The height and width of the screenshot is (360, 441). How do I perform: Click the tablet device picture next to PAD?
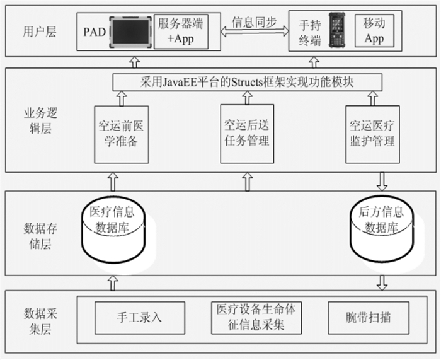point(130,30)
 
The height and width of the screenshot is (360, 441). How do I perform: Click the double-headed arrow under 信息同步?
point(253,37)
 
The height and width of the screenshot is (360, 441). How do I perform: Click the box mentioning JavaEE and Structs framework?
point(248,82)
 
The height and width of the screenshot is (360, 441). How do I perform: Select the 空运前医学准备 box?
point(120,134)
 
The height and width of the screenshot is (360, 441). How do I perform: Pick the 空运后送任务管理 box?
point(247,134)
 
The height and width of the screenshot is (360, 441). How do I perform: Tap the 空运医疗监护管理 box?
point(372,134)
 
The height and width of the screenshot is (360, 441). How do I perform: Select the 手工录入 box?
point(140,316)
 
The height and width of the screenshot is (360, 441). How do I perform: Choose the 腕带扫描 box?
point(369,316)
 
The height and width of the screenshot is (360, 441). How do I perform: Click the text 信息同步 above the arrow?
point(253,22)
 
